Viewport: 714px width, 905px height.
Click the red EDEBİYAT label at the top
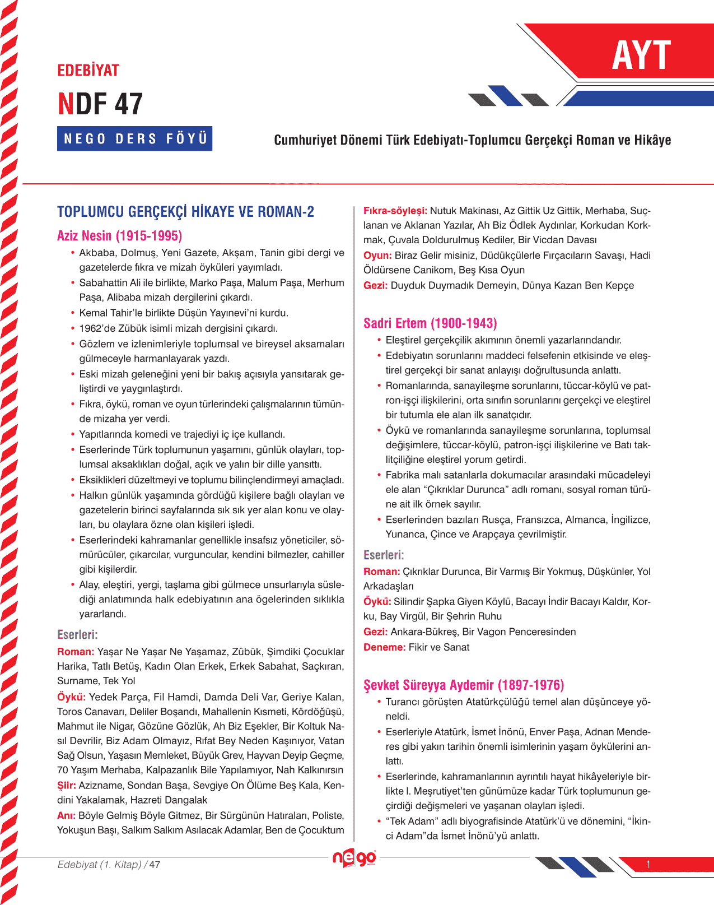point(88,71)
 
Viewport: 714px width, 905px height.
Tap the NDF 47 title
point(100,104)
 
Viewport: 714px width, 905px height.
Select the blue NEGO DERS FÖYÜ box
point(135,138)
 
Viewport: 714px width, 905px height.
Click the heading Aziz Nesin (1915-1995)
point(119,236)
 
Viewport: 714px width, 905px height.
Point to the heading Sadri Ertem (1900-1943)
point(430,323)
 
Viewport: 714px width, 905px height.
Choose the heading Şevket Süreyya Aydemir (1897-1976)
point(463,685)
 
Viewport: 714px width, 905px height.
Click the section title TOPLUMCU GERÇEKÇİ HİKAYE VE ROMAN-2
point(185,212)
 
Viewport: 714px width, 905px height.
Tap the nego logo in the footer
point(354,858)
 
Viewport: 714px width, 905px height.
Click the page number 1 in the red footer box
point(648,864)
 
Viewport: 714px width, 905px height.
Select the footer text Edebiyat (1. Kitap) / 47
point(109,865)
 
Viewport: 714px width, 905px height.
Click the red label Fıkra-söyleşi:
point(395,211)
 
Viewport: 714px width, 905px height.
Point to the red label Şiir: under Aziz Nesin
point(67,786)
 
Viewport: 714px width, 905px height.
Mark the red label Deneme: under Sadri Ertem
point(384,647)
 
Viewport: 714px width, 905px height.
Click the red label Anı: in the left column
point(66,815)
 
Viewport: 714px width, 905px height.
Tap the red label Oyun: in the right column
point(377,256)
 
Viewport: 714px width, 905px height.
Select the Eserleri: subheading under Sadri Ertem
point(384,555)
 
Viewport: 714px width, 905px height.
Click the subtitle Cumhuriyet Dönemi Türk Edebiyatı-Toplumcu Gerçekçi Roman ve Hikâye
point(472,140)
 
